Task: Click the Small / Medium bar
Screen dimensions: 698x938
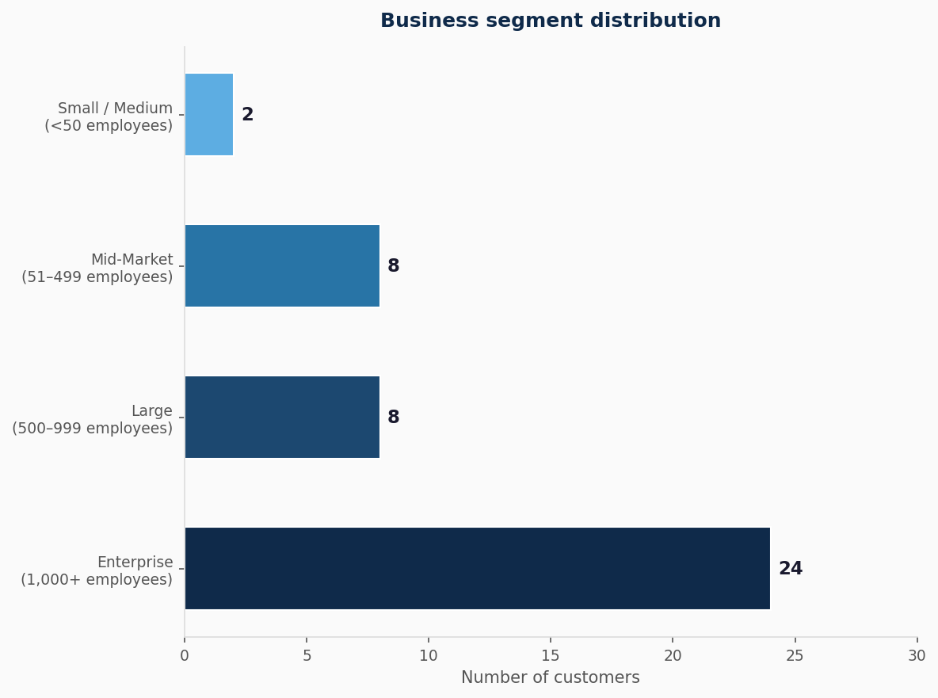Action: click(209, 115)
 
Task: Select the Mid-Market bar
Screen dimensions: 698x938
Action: click(282, 266)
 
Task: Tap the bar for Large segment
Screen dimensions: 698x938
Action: click(282, 418)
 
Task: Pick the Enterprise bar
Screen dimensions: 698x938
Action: click(477, 569)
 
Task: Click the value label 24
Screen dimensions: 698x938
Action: click(790, 569)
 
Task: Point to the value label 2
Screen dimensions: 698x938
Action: click(247, 115)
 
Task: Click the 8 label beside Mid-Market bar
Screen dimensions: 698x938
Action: click(393, 266)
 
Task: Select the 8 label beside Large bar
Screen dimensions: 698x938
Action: click(393, 418)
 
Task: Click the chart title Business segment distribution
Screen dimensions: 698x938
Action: click(551, 21)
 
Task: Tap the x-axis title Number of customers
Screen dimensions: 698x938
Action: click(551, 678)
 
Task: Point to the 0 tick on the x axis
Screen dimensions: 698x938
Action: click(185, 656)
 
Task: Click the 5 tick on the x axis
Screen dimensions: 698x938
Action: click(307, 656)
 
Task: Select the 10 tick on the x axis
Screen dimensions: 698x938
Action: click(429, 656)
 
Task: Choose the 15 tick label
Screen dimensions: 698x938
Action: click(551, 656)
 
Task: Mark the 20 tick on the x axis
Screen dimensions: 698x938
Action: click(673, 656)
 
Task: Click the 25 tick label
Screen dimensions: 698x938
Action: click(795, 656)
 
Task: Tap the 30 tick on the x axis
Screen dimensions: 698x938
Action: click(917, 656)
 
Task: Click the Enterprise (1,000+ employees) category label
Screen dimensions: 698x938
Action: click(97, 571)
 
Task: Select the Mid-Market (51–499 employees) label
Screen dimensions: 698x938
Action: click(97, 269)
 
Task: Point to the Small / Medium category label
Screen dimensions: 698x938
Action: click(109, 117)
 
